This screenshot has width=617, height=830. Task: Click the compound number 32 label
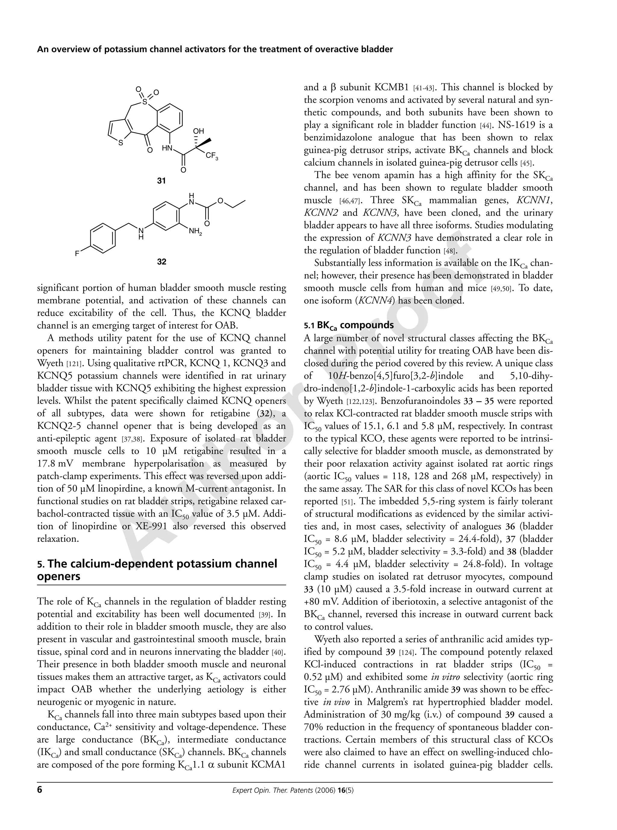click(x=161, y=262)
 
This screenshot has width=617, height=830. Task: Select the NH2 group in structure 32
click(x=195, y=232)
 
